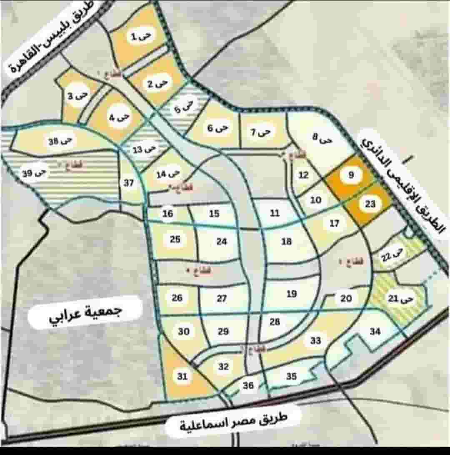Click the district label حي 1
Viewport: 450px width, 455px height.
139,37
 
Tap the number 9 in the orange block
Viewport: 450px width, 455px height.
351,176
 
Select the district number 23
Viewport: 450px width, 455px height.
370,204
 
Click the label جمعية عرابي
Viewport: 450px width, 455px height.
85,312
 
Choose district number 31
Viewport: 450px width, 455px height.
182,377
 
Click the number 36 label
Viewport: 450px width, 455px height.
248,385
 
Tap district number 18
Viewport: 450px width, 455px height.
287,241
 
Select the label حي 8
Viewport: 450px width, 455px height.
322,138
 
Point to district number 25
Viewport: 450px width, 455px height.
175,239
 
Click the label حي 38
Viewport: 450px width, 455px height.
60,141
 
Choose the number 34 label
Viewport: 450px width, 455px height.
375,332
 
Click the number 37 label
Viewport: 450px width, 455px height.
129,183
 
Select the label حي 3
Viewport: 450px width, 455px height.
78,96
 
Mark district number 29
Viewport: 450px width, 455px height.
223,332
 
